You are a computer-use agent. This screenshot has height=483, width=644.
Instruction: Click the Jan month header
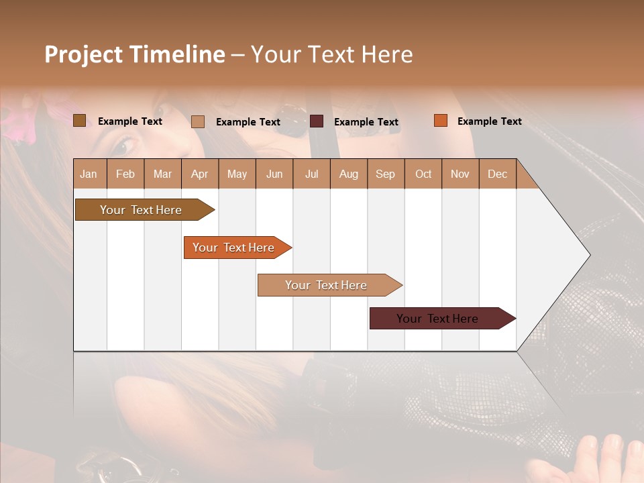pos(89,174)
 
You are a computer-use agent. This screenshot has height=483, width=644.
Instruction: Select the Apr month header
pos(199,174)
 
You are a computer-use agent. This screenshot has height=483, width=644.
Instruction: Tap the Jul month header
pos(311,174)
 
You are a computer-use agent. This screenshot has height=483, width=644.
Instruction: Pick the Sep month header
pos(385,174)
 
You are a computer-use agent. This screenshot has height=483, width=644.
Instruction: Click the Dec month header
pos(497,174)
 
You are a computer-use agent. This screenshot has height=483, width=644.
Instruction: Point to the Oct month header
pos(423,174)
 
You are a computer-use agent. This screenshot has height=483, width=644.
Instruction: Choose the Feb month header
pos(125,174)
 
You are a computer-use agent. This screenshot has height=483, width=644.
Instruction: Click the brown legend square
pos(79,121)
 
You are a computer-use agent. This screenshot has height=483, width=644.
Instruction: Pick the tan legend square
pos(198,121)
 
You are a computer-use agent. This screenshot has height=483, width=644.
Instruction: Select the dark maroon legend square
pos(317,121)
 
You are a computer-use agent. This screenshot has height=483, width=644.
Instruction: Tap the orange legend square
pos(440,121)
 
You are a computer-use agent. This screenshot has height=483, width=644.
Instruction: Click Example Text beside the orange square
pos(489,121)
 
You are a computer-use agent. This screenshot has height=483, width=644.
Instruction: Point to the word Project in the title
pos(84,54)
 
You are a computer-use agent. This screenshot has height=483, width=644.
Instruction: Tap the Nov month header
pos(460,174)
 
